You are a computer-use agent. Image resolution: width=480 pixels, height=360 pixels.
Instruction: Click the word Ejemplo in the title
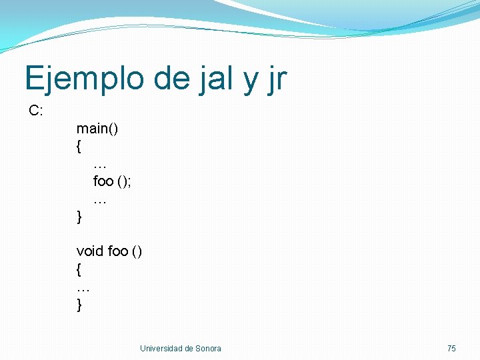(x=85, y=79)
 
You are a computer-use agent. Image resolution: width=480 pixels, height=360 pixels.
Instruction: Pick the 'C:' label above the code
(x=36, y=111)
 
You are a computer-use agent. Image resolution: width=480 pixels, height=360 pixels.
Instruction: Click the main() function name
(x=97, y=128)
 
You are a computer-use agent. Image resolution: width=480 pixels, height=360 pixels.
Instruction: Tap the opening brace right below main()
(x=79, y=145)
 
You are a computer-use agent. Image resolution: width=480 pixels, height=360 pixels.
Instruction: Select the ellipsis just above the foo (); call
(x=101, y=165)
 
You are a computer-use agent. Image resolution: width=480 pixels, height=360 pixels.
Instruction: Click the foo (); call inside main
(x=112, y=181)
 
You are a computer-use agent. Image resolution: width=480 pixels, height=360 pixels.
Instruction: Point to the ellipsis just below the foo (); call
(x=101, y=200)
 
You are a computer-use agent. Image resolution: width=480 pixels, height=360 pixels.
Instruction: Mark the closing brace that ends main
(x=79, y=216)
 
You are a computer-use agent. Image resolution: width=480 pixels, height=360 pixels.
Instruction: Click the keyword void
(x=90, y=251)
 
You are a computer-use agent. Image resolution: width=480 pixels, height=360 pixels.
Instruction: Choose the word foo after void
(x=117, y=251)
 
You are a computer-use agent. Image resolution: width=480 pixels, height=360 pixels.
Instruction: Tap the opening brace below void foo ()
(x=79, y=269)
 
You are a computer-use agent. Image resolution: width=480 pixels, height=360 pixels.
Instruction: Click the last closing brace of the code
(x=79, y=305)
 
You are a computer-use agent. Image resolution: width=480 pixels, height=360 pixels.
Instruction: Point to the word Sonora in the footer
(x=208, y=348)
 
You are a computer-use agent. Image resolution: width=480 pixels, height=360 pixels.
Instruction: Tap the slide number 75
(x=451, y=348)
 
